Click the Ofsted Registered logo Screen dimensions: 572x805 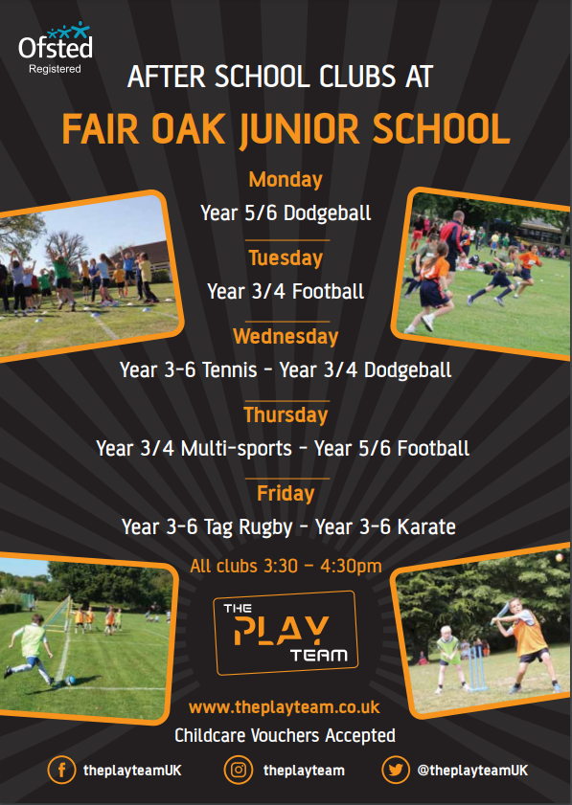coord(56,48)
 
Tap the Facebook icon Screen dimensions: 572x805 coord(61,770)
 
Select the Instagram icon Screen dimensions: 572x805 coord(239,770)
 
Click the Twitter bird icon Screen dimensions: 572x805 coord(395,770)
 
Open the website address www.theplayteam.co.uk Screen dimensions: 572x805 coord(285,707)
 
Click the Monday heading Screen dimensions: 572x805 coord(286,180)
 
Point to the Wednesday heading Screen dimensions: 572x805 coord(286,337)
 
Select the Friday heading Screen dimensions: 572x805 coord(286,493)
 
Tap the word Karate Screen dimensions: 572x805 coord(426,526)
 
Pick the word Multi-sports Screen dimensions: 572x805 coord(237,449)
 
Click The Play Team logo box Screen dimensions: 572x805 coord(286,633)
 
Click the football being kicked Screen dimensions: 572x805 coord(70,681)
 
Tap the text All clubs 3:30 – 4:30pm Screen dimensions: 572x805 coord(286,566)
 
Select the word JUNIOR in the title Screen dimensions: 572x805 coord(299,129)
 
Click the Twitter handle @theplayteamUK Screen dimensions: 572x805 coord(472,771)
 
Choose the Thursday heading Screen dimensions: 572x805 coord(286,414)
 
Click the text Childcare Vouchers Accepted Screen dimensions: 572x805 coord(285,735)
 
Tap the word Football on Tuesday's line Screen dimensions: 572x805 coord(328,292)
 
